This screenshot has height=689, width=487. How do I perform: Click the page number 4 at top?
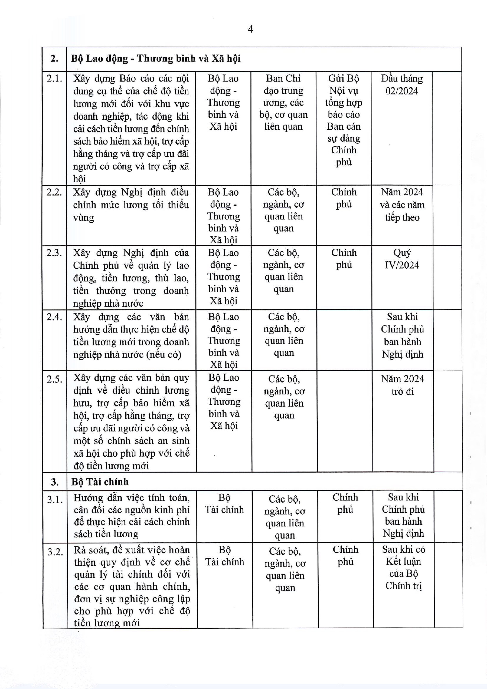[x=250, y=29]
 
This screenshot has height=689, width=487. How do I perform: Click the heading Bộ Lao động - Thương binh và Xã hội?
[x=156, y=59]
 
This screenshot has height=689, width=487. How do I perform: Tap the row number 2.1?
[x=54, y=79]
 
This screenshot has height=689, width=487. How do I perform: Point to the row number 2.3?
[x=54, y=253]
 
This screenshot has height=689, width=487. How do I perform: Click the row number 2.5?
[x=55, y=379]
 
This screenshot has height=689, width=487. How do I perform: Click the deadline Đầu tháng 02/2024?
[x=402, y=85]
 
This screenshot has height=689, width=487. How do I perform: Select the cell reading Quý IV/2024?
[x=402, y=259]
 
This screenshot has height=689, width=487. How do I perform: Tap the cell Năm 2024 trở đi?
[x=402, y=385]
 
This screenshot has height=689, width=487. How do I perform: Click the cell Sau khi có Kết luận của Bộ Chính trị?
[x=404, y=567]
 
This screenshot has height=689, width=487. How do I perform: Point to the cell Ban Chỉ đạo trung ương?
[x=283, y=102]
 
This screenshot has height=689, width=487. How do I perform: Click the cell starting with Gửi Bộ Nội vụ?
[x=344, y=120]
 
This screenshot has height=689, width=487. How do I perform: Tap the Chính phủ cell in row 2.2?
[x=344, y=198]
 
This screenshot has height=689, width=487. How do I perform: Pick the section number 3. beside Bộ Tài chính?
[x=55, y=482]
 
